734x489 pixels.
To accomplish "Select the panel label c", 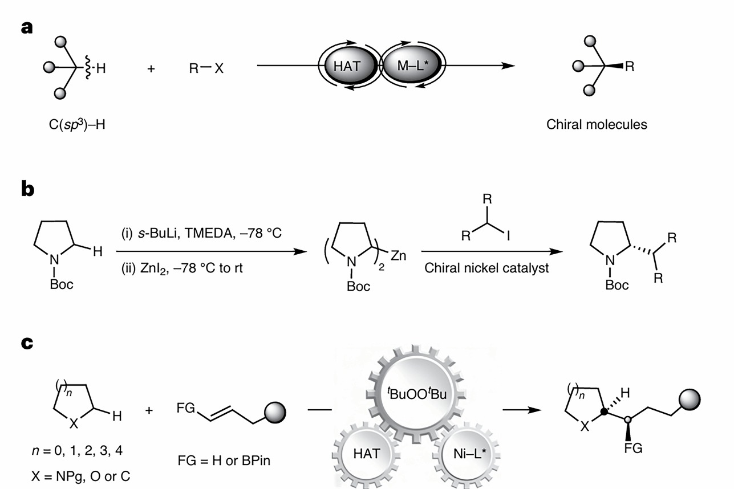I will [x=27, y=345].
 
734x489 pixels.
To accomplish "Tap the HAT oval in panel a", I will [x=347, y=66].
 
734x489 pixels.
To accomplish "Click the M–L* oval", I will [x=407, y=66].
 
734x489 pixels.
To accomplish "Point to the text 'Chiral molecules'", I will [x=597, y=124].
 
